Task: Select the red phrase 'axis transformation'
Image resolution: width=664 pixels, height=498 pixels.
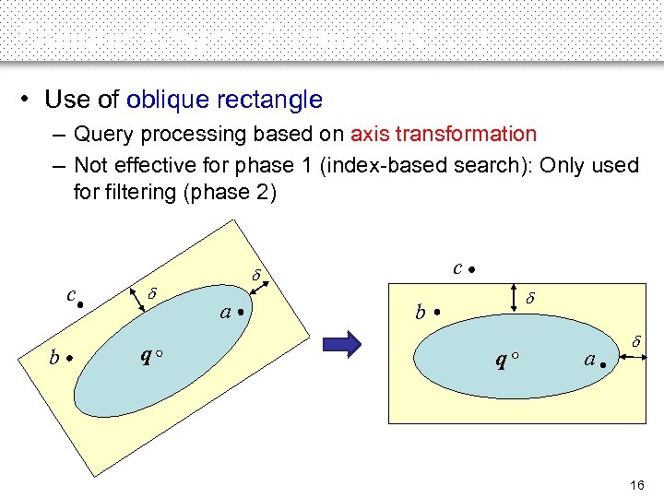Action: pos(443,134)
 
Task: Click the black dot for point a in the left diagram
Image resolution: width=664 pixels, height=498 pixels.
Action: pos(241,312)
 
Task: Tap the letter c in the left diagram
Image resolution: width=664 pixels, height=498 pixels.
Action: pos(70,294)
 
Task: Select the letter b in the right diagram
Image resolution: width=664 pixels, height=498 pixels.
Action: pos(421,314)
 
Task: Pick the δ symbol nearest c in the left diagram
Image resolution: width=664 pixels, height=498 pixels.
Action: pos(153,291)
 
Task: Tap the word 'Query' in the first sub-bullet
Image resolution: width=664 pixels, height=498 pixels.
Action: pos(101,134)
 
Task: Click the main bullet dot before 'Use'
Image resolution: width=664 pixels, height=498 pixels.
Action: pos(30,100)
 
